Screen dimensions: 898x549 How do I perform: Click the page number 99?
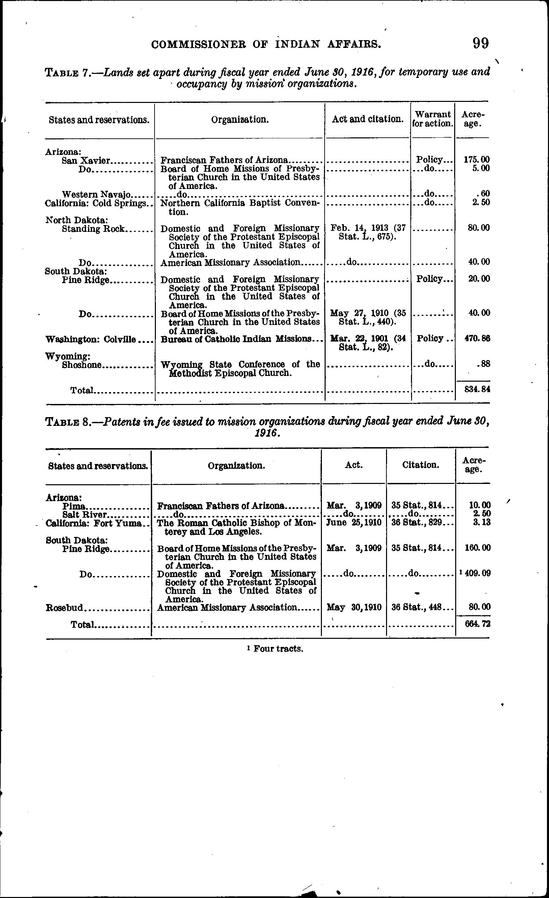[x=481, y=44]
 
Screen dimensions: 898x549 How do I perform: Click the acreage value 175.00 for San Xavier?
[x=476, y=160]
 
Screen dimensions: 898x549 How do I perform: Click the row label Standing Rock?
[x=93, y=229]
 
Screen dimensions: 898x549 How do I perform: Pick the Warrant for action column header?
[x=433, y=119]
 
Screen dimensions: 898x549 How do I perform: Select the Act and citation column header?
[x=367, y=119]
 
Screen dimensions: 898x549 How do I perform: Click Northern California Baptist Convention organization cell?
[x=240, y=207]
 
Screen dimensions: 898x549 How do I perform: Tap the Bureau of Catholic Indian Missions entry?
[x=237, y=339]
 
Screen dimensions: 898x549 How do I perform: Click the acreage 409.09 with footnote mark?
[x=476, y=573]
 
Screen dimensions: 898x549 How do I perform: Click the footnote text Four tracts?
[x=278, y=649]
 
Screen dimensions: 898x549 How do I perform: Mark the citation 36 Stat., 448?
[x=416, y=607]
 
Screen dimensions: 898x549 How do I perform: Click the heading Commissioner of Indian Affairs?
[x=266, y=45]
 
